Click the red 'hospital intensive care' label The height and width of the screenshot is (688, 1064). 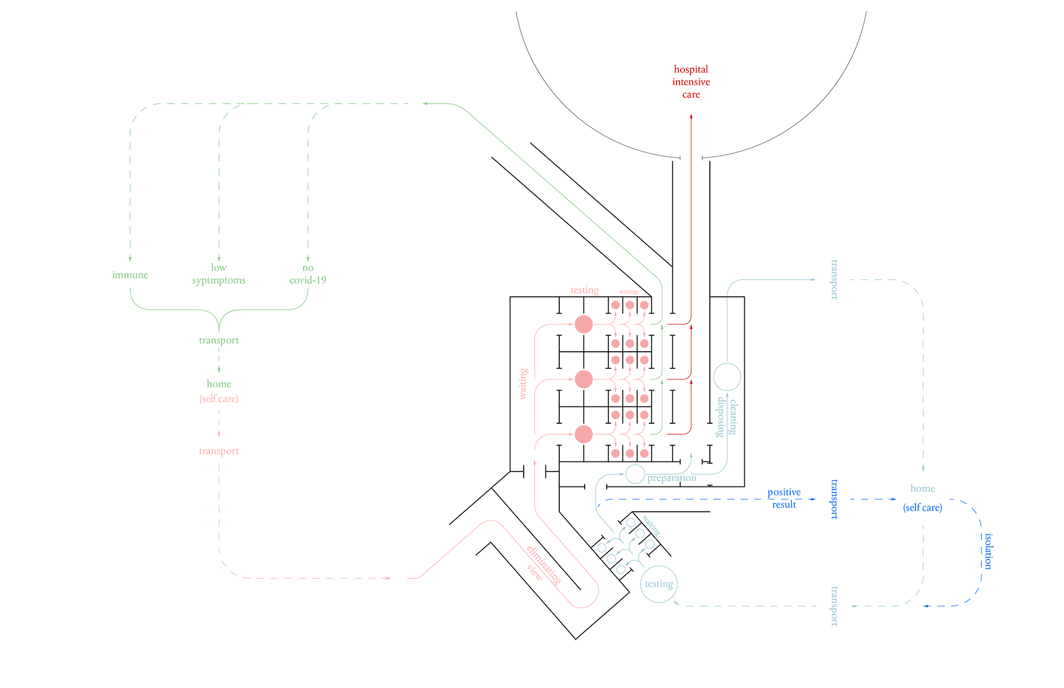[x=691, y=82]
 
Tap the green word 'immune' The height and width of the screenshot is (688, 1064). [x=130, y=275]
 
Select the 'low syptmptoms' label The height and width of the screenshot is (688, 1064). [x=219, y=274]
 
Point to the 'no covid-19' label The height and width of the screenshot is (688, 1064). [x=308, y=274]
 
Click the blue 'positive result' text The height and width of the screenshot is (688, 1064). [x=784, y=498]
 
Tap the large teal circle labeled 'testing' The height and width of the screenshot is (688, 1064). [x=659, y=584]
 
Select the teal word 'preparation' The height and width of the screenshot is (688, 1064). [x=672, y=478]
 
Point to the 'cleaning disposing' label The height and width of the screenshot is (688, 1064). [x=727, y=417]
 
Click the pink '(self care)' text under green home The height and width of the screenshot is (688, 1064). [x=219, y=399]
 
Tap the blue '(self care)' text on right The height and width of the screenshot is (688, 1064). [x=923, y=507]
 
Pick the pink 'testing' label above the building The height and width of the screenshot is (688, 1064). [x=585, y=290]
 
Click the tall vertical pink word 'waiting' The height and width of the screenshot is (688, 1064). [x=523, y=384]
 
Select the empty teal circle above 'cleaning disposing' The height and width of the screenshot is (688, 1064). [x=727, y=377]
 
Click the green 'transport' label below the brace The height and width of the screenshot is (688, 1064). [x=219, y=340]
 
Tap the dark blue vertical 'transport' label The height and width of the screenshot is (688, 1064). [x=834, y=499]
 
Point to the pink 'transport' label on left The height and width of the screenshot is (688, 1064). [x=219, y=451]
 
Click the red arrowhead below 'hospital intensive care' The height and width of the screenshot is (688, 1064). [x=691, y=116]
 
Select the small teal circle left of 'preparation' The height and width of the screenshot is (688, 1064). [x=635, y=474]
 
